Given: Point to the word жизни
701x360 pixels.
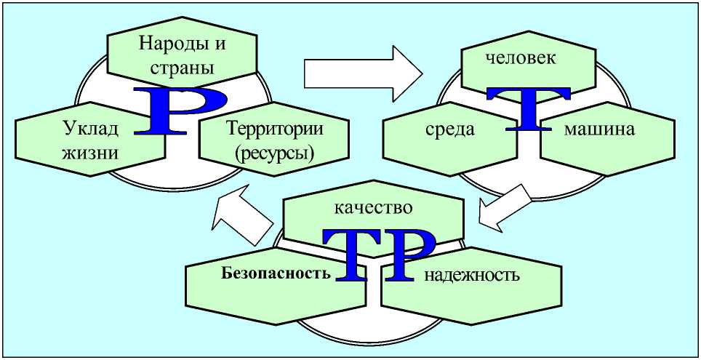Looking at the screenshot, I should pos(89,153).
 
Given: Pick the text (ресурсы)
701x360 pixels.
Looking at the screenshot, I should pos(270,153).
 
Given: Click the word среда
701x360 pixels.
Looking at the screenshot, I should pos(450,130).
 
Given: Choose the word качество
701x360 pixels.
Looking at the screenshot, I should pos(373,207).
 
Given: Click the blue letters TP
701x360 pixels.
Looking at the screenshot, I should pos(377,255).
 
